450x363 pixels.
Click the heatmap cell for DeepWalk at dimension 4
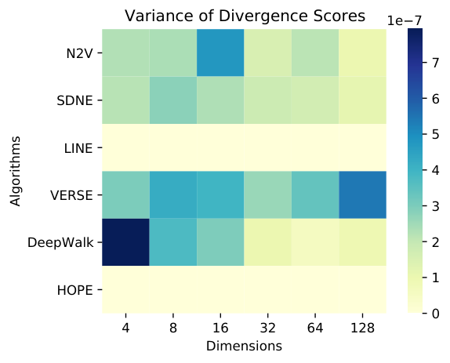click(x=125, y=242)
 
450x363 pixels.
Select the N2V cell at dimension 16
click(x=220, y=53)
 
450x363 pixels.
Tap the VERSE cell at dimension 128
click(x=362, y=195)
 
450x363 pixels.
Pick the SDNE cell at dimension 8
click(x=173, y=100)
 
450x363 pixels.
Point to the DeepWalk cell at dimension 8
click(x=173, y=242)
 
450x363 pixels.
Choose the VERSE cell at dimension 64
click(x=315, y=195)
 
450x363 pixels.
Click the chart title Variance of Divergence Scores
click(x=245, y=16)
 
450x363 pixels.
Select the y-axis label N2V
click(x=79, y=53)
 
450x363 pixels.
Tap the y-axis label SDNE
click(x=74, y=100)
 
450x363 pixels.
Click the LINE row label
click(x=78, y=148)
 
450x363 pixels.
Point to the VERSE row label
click(x=71, y=196)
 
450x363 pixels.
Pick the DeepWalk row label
click(x=60, y=243)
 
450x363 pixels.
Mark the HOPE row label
click(x=75, y=290)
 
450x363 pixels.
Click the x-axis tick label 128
click(x=362, y=328)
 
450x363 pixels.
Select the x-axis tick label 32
click(x=268, y=328)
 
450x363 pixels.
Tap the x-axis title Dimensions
click(x=245, y=346)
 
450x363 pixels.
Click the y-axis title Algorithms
click(x=15, y=171)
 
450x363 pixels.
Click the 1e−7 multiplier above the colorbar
click(x=405, y=21)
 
